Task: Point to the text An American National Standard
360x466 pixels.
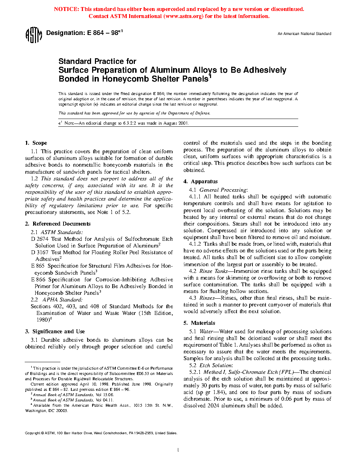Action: tap(304, 34)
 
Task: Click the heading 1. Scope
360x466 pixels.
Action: tap(36, 143)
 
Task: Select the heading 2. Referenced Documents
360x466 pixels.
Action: tap(58, 224)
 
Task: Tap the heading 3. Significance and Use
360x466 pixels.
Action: tap(55, 331)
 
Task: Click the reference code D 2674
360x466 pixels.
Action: tap(40, 239)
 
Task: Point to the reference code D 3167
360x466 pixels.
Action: tap(40, 252)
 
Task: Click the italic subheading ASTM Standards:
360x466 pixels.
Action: tap(62, 232)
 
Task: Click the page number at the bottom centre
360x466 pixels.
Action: tap(178, 450)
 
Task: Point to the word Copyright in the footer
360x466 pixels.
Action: tap(32, 433)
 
